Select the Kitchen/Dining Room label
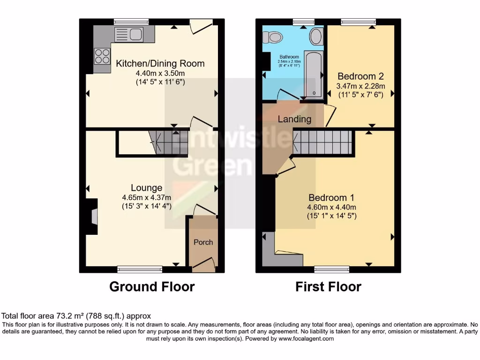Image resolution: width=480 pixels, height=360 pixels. coord(160,64)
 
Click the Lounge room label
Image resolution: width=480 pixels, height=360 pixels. coord(147,188)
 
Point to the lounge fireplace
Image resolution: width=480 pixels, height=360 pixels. coord(94,217)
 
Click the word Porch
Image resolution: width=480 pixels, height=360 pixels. coord(203,242)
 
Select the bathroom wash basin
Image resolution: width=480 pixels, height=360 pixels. coord(316,36)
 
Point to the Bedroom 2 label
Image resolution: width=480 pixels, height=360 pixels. coord(357,76)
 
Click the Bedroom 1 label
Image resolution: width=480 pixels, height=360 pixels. coord(331,197)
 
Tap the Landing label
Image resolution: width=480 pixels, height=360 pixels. coord(294,119)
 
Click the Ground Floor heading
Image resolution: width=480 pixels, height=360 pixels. coord(152,286)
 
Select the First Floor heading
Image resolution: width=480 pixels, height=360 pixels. coord(328,286)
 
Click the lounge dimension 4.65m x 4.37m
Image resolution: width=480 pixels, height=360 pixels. coord(147,197)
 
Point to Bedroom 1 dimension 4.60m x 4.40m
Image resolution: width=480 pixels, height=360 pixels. coord(331,207)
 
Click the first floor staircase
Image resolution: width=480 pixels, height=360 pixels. coord(322,142)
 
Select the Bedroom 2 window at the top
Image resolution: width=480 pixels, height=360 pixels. coord(358,22)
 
